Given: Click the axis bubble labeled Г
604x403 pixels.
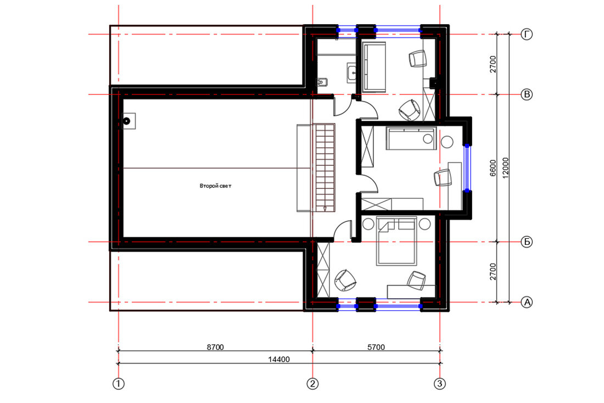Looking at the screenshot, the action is pyautogui.click(x=527, y=34).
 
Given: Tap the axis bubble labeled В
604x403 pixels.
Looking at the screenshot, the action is pyautogui.click(x=527, y=94).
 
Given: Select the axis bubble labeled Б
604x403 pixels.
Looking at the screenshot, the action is pyautogui.click(x=527, y=242).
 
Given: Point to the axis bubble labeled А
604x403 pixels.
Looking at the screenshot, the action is pyautogui.click(x=527, y=303).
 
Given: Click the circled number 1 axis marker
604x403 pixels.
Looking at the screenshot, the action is pyautogui.click(x=118, y=384).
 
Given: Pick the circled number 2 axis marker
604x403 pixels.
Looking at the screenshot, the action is pyautogui.click(x=312, y=384).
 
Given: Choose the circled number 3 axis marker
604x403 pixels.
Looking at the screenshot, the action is pyautogui.click(x=439, y=384).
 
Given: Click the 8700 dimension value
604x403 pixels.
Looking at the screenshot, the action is pyautogui.click(x=215, y=347).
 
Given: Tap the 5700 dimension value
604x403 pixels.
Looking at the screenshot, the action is pyautogui.click(x=376, y=347).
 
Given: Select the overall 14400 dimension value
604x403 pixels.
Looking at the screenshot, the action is pyautogui.click(x=279, y=360).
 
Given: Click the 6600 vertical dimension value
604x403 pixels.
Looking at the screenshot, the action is pyautogui.click(x=493, y=169).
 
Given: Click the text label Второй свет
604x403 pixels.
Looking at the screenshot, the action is pyautogui.click(x=215, y=186).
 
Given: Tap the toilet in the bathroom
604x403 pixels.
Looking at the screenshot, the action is pyautogui.click(x=322, y=82).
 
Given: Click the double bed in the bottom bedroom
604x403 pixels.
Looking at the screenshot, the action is pyautogui.click(x=397, y=241).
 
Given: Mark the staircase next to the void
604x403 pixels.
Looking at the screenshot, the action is pyautogui.click(x=326, y=167).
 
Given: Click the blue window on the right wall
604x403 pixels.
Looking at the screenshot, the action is pyautogui.click(x=467, y=168).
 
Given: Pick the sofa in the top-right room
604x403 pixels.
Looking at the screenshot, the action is pyautogui.click(x=374, y=67).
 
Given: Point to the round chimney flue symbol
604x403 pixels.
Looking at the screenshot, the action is pyautogui.click(x=127, y=121).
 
